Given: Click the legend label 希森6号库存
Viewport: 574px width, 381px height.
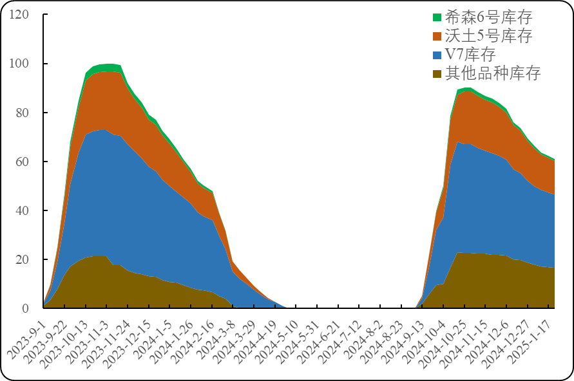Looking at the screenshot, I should [489, 17].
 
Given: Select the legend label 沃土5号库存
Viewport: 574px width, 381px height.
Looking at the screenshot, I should [489, 36].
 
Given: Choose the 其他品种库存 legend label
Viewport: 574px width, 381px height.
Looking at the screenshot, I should [493, 73].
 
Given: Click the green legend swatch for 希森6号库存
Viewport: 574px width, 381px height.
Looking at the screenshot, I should [437, 17].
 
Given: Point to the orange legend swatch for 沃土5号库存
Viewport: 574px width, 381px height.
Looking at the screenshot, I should [437, 36].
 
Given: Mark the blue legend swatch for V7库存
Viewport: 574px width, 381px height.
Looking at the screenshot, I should [437, 55].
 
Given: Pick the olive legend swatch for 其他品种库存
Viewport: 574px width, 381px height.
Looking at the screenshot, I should [437, 73].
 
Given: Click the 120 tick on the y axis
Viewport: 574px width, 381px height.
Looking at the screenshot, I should [18, 14].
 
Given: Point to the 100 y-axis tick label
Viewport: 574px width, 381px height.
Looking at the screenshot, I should [18, 63].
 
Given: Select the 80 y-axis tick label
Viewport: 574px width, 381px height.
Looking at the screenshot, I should [21, 112].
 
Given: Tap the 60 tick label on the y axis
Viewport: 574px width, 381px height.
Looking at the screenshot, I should [21, 161].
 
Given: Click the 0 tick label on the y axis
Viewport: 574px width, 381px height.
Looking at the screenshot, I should [25, 308].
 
